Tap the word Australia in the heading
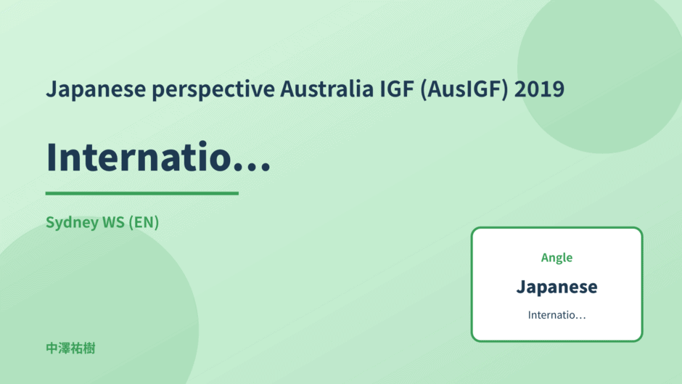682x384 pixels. (x=326, y=89)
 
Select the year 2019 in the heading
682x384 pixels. (x=539, y=89)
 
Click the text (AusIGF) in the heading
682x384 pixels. (x=464, y=90)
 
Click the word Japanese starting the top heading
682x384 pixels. (x=96, y=90)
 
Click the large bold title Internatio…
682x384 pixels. (x=158, y=157)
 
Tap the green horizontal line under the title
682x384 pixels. (x=141, y=193)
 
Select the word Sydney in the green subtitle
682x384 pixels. (x=73, y=222)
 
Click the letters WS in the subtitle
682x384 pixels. (x=113, y=222)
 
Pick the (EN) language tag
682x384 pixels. (x=144, y=222)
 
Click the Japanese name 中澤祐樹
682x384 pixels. (x=70, y=348)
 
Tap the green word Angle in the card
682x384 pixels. (x=556, y=258)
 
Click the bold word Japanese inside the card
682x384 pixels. (x=556, y=287)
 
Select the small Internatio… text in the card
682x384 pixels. (x=556, y=315)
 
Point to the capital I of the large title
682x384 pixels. (x=52, y=157)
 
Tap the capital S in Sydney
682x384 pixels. (x=51, y=222)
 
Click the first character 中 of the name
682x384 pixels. (x=52, y=348)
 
